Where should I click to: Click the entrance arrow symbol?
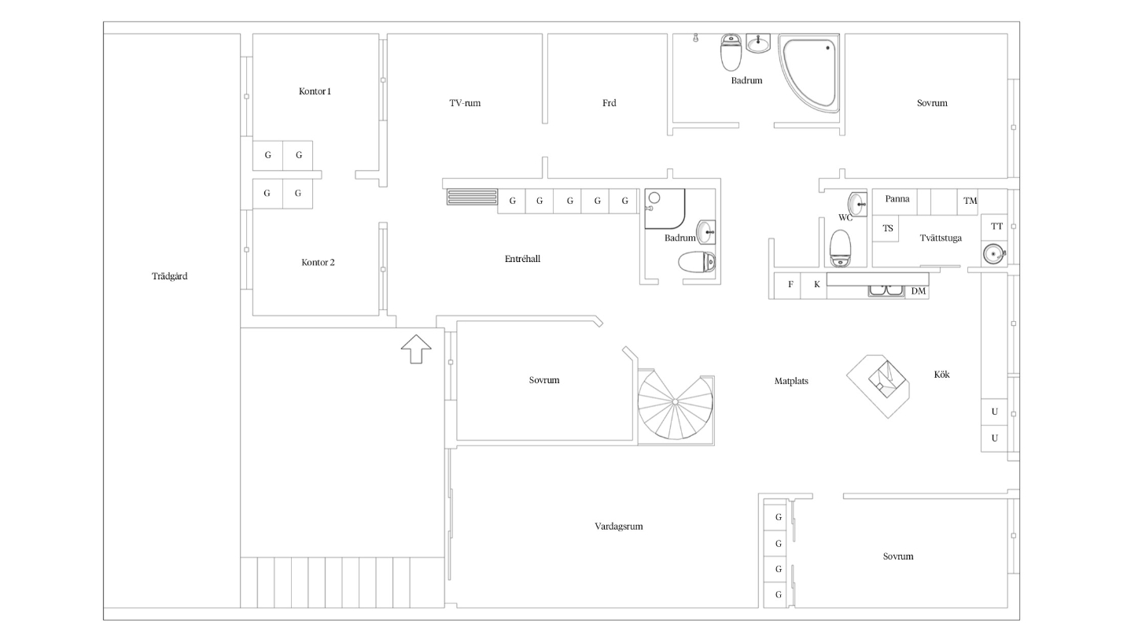click(x=416, y=349)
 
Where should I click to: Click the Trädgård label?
click(x=170, y=276)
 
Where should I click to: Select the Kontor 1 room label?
click(x=315, y=91)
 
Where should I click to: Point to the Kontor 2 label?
click(x=318, y=262)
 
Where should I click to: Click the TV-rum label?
click(x=465, y=103)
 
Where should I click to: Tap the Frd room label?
click(x=610, y=103)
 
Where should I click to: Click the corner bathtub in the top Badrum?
click(x=810, y=72)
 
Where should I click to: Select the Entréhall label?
click(x=522, y=259)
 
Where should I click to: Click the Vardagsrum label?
click(x=619, y=526)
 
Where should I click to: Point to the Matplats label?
click(x=791, y=381)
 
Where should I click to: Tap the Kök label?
click(x=942, y=375)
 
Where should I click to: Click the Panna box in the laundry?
click(x=894, y=202)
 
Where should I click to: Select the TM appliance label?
click(x=970, y=201)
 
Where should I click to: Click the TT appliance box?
click(x=994, y=227)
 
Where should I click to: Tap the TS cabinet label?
click(x=888, y=229)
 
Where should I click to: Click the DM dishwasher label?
click(x=919, y=291)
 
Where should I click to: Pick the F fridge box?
click(x=787, y=286)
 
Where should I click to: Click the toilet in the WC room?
click(x=840, y=249)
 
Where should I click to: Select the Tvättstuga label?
click(x=941, y=238)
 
